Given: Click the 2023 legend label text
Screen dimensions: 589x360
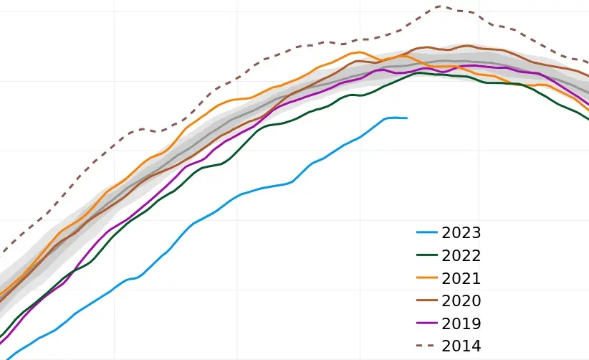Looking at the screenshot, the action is pyautogui.click(x=461, y=233).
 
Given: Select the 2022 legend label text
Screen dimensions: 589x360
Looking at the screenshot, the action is pyautogui.click(x=461, y=255).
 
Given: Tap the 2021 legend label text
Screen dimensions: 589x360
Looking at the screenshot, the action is pyautogui.click(x=461, y=278).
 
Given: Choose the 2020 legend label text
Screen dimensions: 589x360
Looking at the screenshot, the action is pyautogui.click(x=461, y=300).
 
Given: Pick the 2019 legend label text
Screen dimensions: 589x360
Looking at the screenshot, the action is pyautogui.click(x=461, y=323).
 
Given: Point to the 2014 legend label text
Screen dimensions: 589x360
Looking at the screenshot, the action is pyautogui.click(x=461, y=346).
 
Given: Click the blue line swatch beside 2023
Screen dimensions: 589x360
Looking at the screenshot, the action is pyautogui.click(x=427, y=232).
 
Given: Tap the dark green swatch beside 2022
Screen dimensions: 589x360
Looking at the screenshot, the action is pyautogui.click(x=427, y=255).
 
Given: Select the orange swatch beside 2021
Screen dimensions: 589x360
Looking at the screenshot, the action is pyautogui.click(x=427, y=278).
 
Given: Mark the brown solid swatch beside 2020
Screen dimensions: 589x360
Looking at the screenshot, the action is pyautogui.click(x=427, y=300).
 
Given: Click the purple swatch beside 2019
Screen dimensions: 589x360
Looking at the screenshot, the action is pyautogui.click(x=427, y=323).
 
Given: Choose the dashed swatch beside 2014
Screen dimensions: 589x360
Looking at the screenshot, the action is pyautogui.click(x=427, y=346).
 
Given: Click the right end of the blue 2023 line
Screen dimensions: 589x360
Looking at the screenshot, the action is pyautogui.click(x=407, y=118).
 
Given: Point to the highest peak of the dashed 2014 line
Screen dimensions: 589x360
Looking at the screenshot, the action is pyautogui.click(x=440, y=6).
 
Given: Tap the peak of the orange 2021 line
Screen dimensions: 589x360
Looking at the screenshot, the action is pyautogui.click(x=360, y=52).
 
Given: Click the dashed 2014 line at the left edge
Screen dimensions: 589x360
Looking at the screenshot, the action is pyautogui.click(x=1, y=252).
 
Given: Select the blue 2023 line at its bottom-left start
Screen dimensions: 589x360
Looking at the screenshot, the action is pyautogui.click(x=6, y=359).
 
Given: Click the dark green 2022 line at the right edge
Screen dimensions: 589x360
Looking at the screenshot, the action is pyautogui.click(x=588, y=119).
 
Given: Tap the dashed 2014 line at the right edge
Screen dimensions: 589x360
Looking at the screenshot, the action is pyautogui.click(x=588, y=62).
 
